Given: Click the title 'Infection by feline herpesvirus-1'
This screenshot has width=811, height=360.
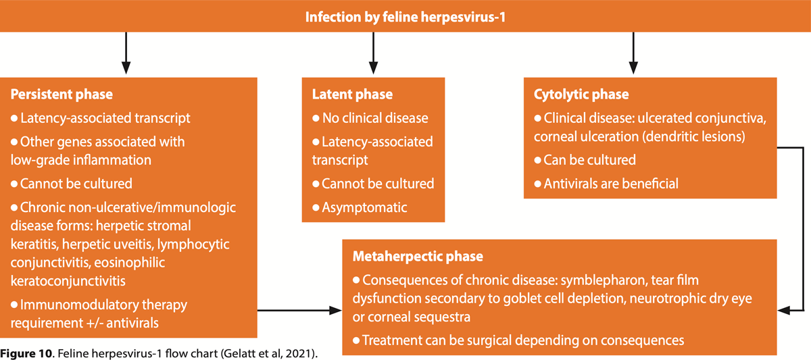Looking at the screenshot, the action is coord(405,17).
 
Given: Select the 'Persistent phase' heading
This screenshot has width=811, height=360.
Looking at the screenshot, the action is coord(62,95).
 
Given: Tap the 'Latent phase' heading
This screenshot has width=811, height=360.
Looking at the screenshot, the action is coord(352,95).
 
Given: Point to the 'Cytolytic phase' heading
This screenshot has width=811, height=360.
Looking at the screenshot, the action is coord(581,95).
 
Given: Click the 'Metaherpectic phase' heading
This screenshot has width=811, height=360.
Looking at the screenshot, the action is coord(418,257).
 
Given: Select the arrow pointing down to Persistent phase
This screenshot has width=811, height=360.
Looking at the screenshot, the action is coord(126,53).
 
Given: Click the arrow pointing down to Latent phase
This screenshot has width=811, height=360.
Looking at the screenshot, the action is coord(373,53).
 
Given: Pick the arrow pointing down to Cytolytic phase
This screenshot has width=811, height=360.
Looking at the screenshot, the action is coord(633,53).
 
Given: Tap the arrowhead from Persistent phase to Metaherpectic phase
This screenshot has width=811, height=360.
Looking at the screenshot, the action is coord(335,310).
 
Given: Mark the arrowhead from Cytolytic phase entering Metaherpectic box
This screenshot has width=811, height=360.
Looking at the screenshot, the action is coord(784,310).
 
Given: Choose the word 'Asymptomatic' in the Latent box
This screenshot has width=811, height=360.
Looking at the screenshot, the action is coord(364,207).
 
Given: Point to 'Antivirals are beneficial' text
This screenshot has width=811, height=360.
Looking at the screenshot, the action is coord(611,184).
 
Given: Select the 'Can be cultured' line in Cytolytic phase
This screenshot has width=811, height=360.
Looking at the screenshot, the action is coord(589,160).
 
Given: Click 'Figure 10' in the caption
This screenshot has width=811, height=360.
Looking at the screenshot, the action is coord(26,353).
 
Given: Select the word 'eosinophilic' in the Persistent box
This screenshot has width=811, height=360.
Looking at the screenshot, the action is coord(129,263).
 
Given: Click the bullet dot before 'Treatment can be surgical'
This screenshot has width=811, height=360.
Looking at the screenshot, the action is coord(356,340).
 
